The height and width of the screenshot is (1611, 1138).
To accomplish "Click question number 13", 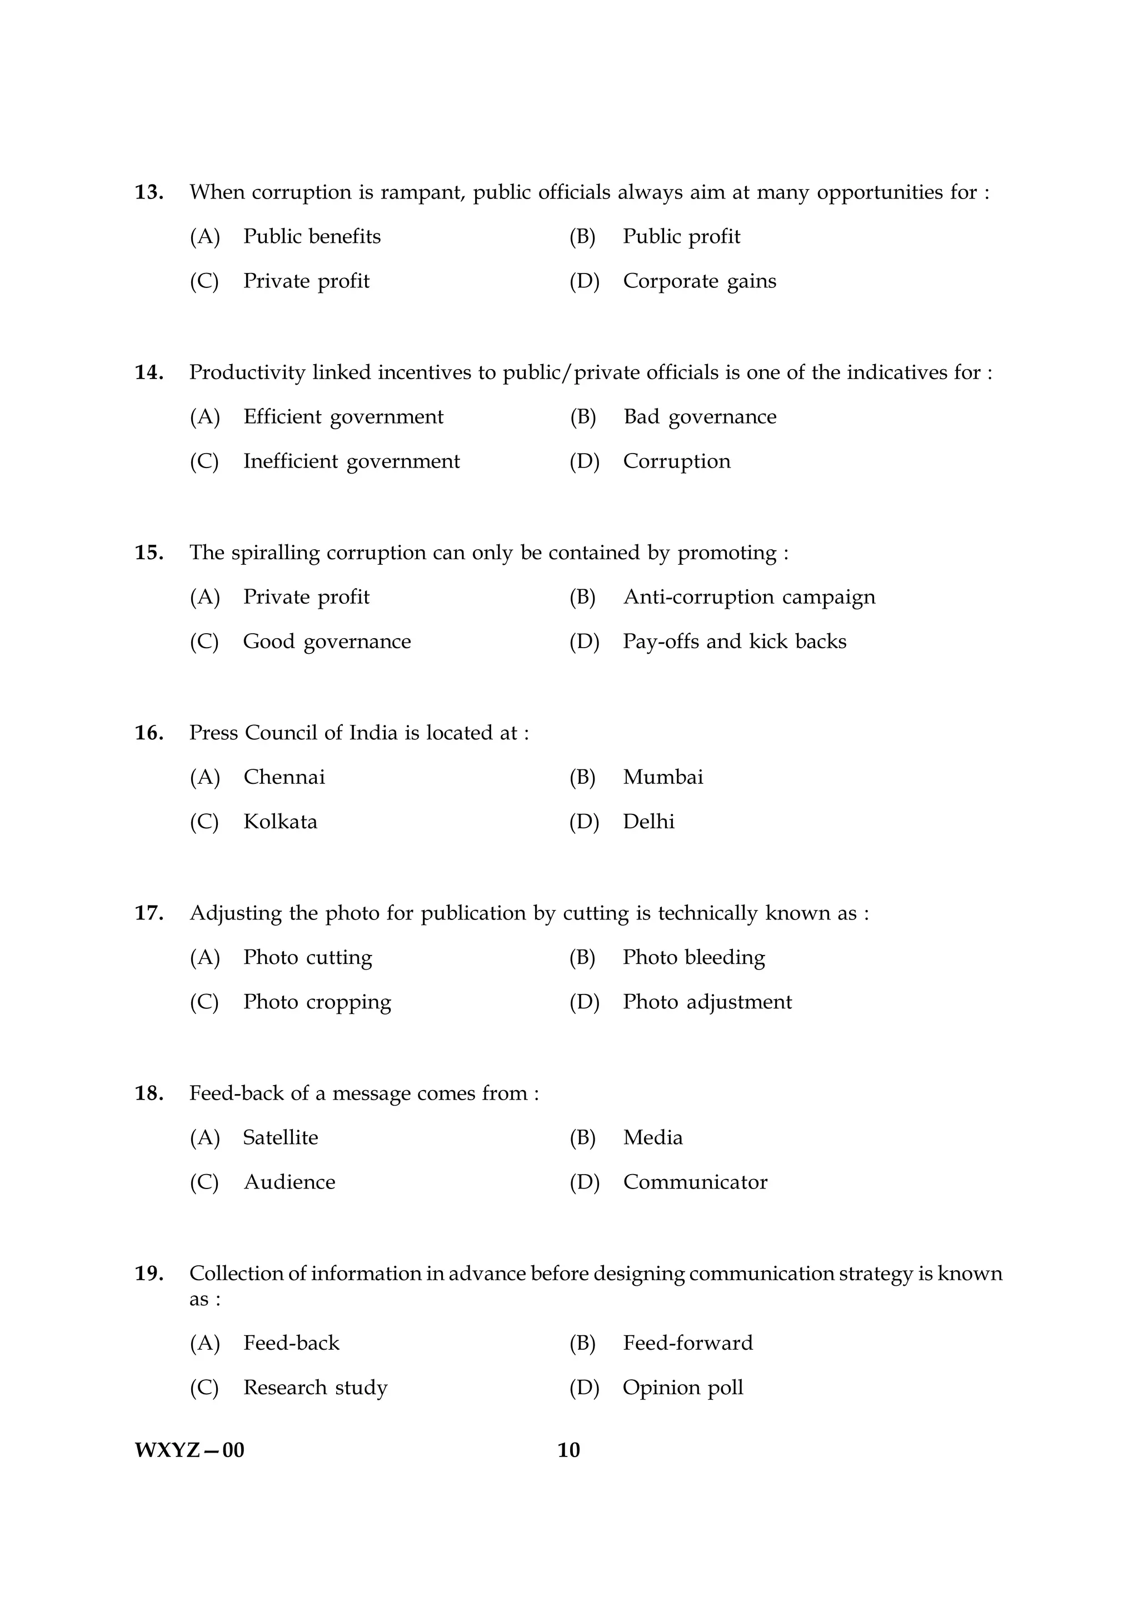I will pos(149,192).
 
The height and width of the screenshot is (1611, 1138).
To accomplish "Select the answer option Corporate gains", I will pos(699,281).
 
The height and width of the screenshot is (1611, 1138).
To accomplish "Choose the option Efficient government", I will pos(343,417).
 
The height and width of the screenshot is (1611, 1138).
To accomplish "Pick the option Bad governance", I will pos(700,417).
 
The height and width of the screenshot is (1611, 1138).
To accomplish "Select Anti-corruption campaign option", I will pos(749,597).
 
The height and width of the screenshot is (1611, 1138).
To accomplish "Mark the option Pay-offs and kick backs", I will pos(734,642).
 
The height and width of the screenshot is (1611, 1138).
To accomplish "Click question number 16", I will pos(149,733).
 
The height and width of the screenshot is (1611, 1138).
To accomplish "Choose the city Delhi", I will pos(648,822).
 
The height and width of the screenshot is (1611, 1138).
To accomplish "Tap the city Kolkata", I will pos(279,822).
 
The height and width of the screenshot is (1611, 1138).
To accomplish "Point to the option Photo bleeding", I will pos(693,958).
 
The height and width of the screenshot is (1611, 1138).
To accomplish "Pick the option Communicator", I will pos(695,1182).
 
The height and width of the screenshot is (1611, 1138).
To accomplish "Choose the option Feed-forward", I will pos(688,1343).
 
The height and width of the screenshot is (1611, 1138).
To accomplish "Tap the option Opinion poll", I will pos(683,1388).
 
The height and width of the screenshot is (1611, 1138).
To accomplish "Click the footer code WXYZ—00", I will pos(189,1450).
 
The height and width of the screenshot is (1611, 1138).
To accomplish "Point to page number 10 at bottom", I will pos(568,1450).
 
